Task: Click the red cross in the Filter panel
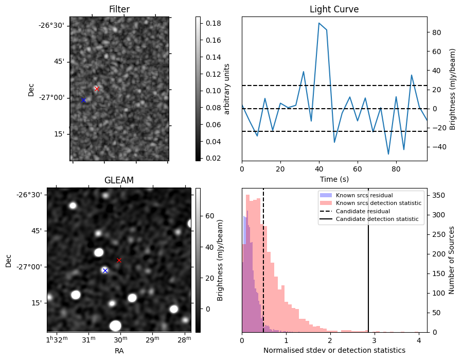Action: (97, 89)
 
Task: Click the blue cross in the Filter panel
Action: (83, 100)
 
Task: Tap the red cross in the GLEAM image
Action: (119, 261)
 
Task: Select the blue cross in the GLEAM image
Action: (105, 271)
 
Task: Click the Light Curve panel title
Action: (334, 9)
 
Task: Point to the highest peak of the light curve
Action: (319, 23)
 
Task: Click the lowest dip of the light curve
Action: (388, 154)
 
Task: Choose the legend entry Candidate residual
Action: (363, 211)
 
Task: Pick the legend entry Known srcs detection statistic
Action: (379, 203)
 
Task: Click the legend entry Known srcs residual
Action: (364, 195)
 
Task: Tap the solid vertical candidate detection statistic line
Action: (368, 260)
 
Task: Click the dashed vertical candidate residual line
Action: (263, 260)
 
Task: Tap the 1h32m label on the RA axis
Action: (57, 339)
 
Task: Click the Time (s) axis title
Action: (334, 179)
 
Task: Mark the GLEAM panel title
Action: (119, 180)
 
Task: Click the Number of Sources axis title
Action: (451, 261)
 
